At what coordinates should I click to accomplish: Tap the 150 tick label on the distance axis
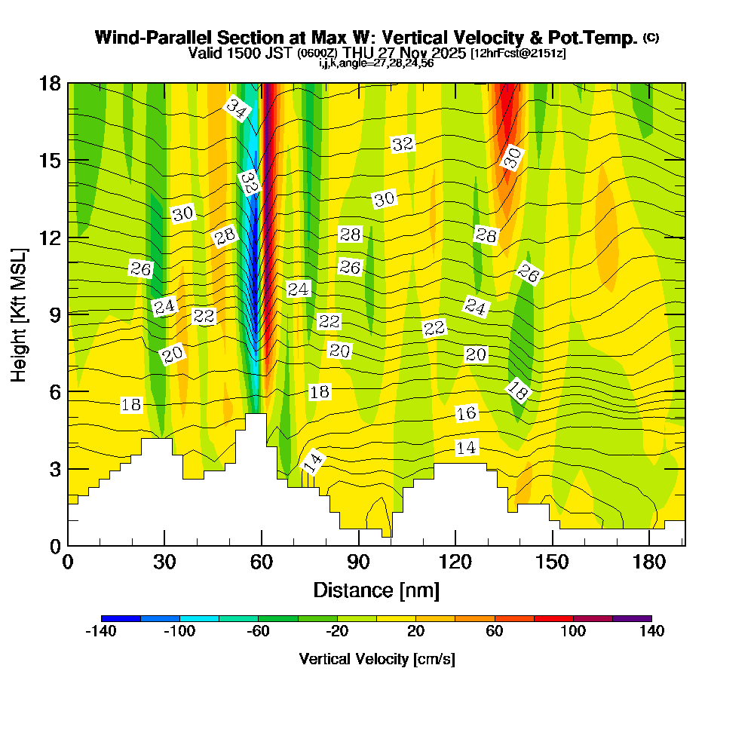click(x=553, y=563)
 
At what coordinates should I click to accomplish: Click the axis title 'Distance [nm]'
click(x=376, y=590)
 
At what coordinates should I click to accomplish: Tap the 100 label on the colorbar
click(x=573, y=631)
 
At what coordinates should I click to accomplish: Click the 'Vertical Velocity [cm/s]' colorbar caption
click(x=376, y=659)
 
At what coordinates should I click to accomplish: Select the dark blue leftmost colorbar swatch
click(x=121, y=618)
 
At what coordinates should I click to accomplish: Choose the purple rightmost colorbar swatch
click(x=632, y=618)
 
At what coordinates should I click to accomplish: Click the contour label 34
click(x=236, y=110)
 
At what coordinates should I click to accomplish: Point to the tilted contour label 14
click(x=313, y=461)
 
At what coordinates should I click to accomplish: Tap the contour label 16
click(x=467, y=413)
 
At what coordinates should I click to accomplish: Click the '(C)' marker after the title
click(x=651, y=37)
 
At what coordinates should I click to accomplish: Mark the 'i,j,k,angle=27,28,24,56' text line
click(x=375, y=63)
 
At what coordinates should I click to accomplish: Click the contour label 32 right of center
click(x=403, y=144)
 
